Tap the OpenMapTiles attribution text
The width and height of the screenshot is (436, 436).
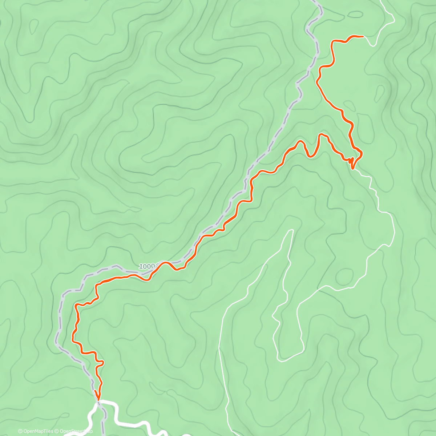pos(38,431)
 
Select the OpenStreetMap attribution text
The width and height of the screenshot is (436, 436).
pos(76,431)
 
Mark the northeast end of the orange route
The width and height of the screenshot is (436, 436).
pos(363,36)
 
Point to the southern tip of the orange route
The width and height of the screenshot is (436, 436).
pos(97,400)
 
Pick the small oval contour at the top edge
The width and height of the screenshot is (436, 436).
pos(355,15)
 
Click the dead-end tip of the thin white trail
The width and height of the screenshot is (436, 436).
pos(292,230)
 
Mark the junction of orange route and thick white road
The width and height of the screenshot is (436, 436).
pos(98,401)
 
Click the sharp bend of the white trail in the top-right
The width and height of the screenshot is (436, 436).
pos(394,21)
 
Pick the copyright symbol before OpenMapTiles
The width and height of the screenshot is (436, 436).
pos(20,431)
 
